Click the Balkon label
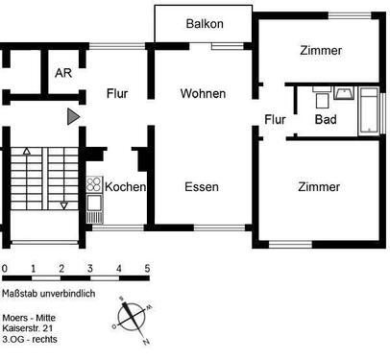(203, 22)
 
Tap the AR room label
(63, 73)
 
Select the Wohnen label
(203, 94)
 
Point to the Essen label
(201, 186)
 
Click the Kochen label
(125, 186)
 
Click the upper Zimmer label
(319, 51)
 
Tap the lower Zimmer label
(318, 187)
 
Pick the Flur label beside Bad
(276, 119)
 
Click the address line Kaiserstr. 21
(34, 328)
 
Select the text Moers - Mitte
(33, 317)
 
